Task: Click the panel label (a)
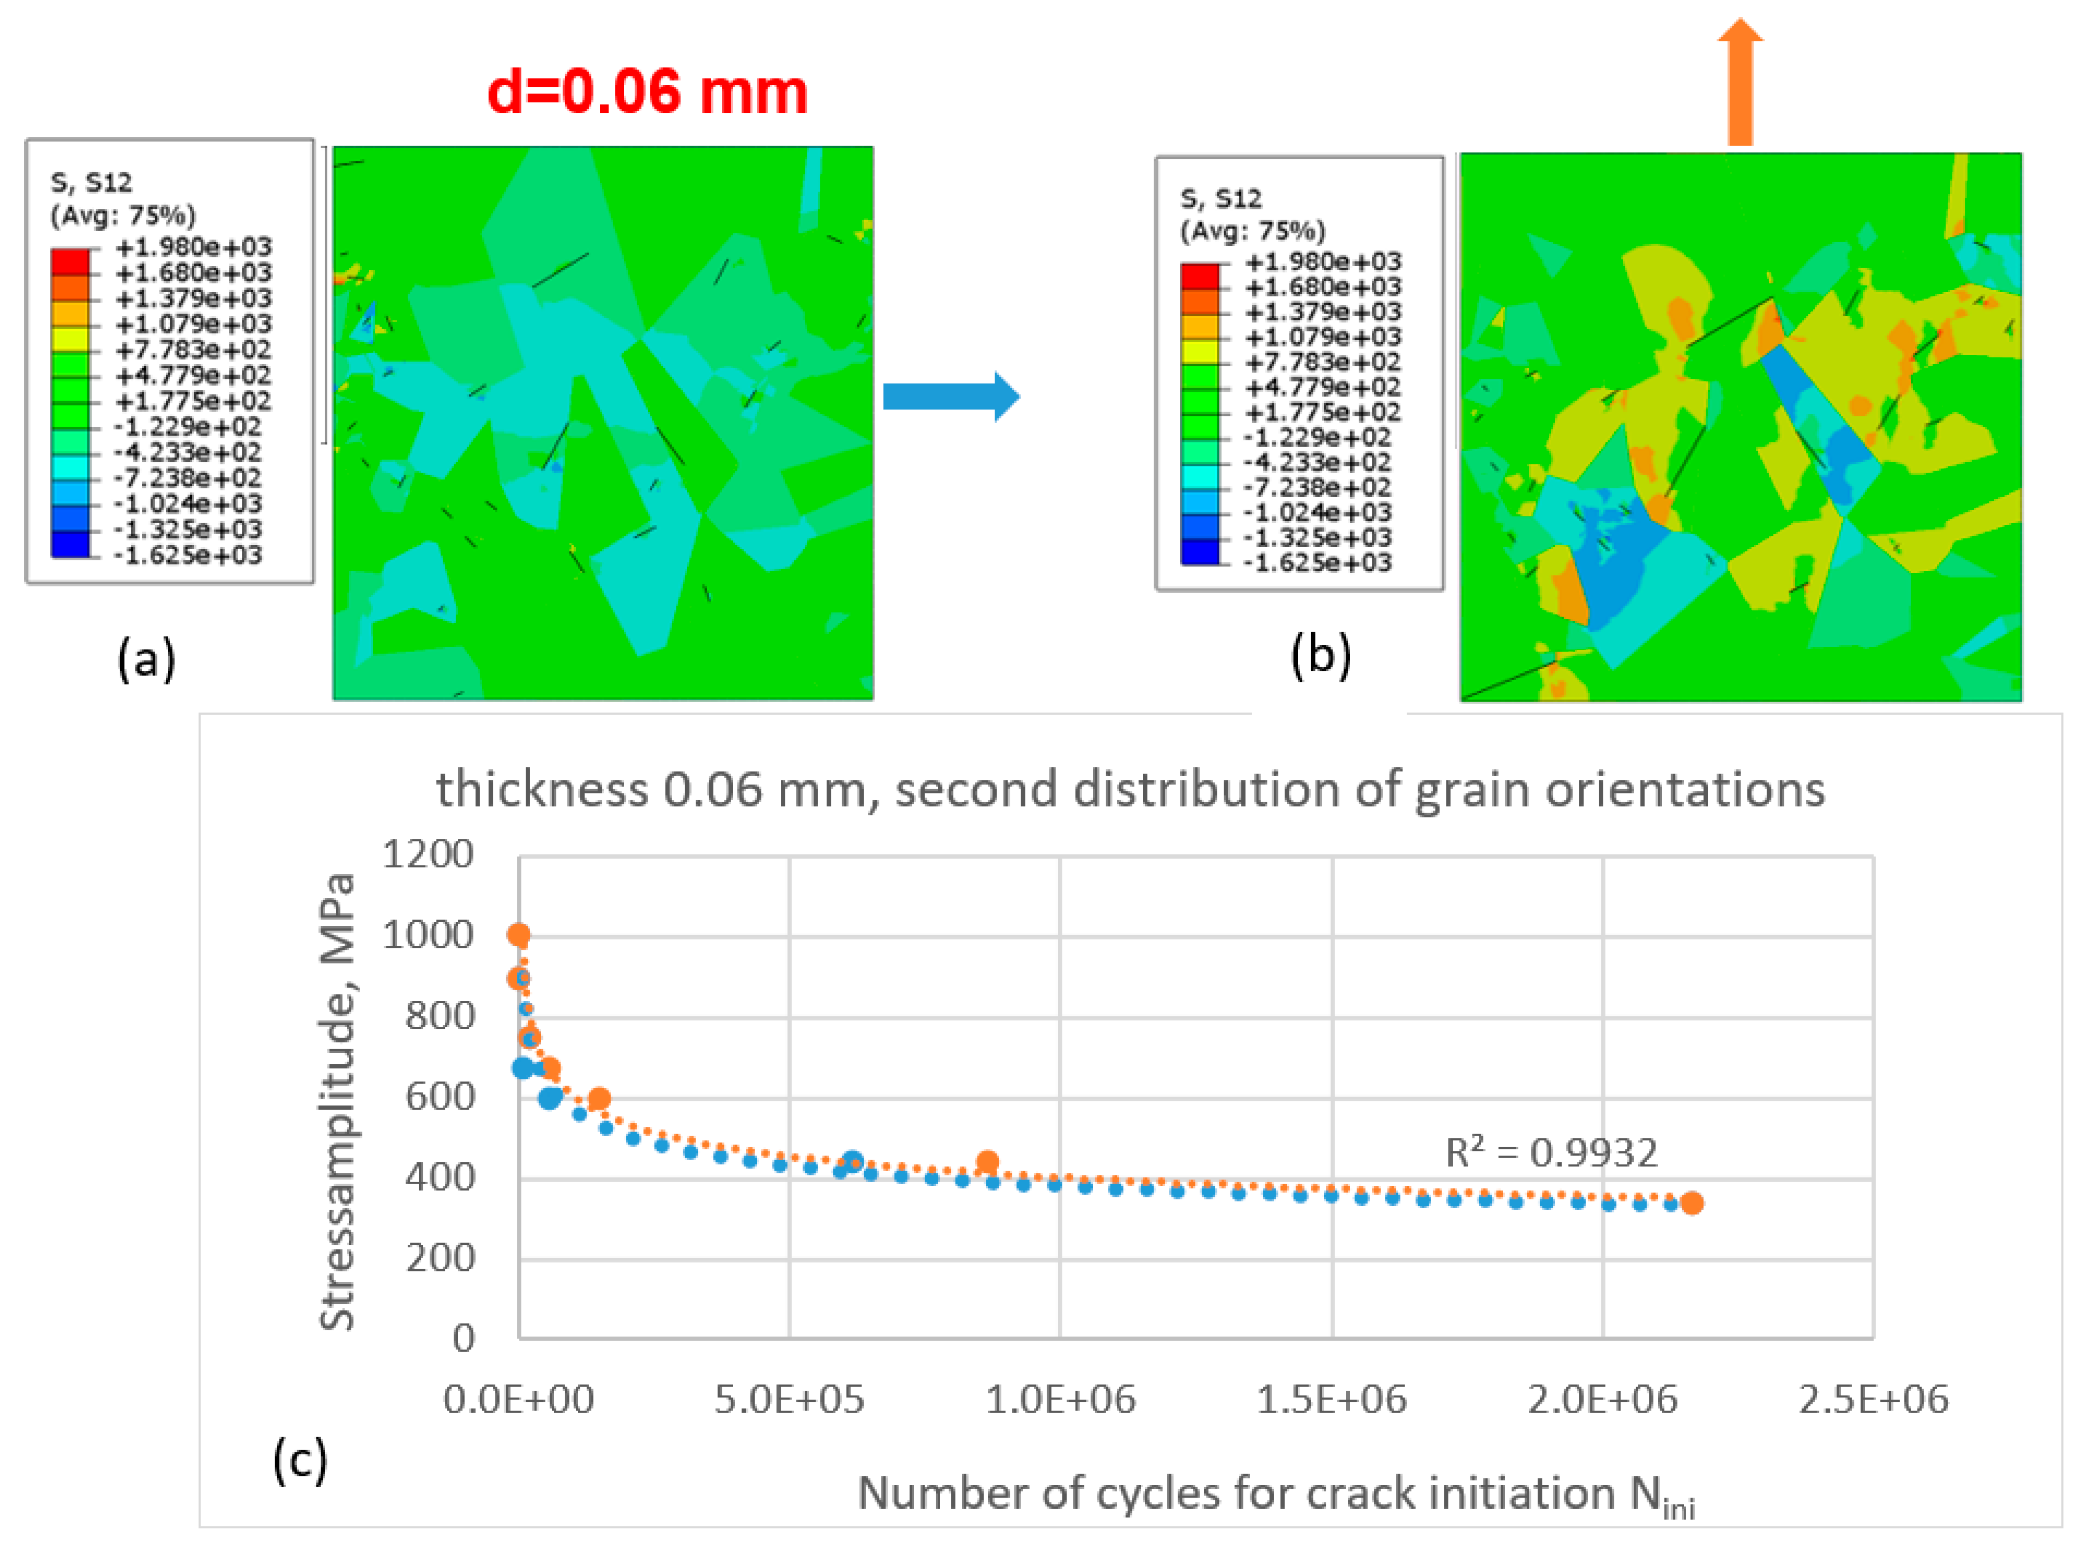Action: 146,659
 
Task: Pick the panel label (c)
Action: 300,1459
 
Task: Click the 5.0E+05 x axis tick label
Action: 789,1399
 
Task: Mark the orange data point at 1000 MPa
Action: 518,934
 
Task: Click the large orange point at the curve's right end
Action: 1691,1203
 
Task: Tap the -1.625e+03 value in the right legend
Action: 1316,562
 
